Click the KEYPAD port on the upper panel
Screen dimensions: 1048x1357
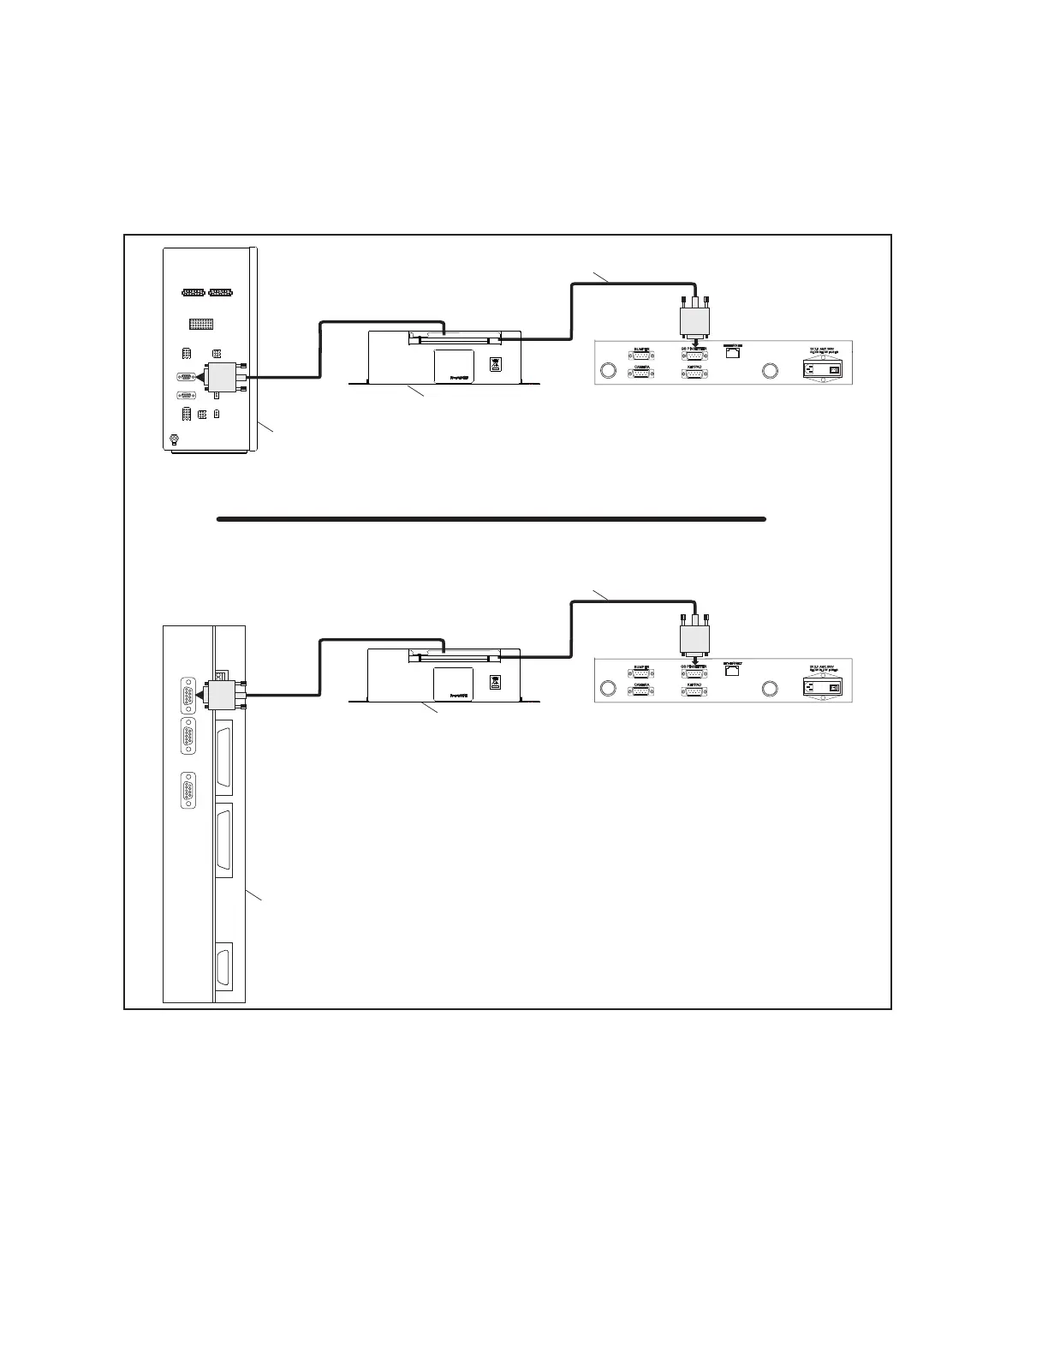tap(695, 374)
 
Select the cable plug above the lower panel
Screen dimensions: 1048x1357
tap(694, 639)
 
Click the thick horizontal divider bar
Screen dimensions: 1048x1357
tap(491, 518)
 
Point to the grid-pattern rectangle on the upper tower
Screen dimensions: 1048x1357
tap(201, 325)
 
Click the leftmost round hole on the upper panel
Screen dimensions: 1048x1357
tap(608, 371)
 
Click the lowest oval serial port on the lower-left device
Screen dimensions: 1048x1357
tap(188, 791)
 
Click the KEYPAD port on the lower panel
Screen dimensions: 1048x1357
tap(695, 691)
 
